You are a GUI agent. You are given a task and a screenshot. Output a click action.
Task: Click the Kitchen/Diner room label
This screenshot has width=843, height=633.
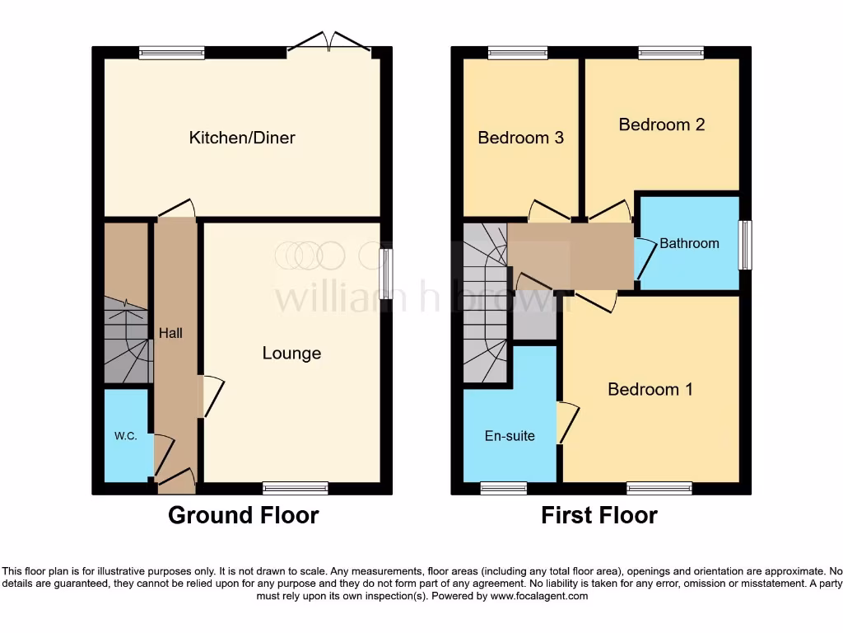pos(242,138)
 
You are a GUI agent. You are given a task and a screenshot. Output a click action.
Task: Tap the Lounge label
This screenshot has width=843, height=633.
pos(291,354)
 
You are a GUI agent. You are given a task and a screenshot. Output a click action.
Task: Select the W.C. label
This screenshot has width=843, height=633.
pos(125,436)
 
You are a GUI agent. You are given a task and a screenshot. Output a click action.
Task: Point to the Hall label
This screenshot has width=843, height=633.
pos(170,334)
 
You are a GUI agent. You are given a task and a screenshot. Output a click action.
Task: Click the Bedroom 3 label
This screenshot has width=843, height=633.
pos(520,138)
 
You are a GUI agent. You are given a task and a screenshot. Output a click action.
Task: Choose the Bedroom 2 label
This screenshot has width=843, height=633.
pos(661,124)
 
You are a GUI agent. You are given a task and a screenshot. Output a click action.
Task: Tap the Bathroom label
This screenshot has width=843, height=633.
pos(689,243)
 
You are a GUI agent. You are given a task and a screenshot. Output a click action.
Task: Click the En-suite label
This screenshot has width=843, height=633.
pos(510,435)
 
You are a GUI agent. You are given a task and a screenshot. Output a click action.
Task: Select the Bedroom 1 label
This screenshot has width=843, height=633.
pos(650,389)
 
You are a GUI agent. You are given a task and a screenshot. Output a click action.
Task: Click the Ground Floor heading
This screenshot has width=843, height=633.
pos(243,515)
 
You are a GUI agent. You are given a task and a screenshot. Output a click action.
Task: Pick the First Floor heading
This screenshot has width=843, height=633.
pos(598,515)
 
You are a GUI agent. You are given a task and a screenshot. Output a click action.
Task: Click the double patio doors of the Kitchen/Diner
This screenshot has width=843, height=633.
pos(329,44)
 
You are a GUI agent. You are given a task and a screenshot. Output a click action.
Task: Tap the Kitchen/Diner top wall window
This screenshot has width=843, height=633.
pos(171,53)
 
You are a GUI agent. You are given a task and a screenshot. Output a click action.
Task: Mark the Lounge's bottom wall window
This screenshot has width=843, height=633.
pos(295,488)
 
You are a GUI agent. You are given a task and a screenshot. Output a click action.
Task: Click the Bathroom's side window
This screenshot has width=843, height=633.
pos(745,245)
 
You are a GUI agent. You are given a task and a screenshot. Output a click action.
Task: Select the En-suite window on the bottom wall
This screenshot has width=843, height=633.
pos(503,488)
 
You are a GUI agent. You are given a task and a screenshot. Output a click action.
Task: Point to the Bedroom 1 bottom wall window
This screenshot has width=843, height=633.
pos(659,488)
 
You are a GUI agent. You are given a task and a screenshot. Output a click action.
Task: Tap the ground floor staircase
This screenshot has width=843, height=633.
pos(128,342)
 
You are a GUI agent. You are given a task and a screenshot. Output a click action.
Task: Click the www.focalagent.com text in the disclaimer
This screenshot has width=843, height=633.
pos(539,596)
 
